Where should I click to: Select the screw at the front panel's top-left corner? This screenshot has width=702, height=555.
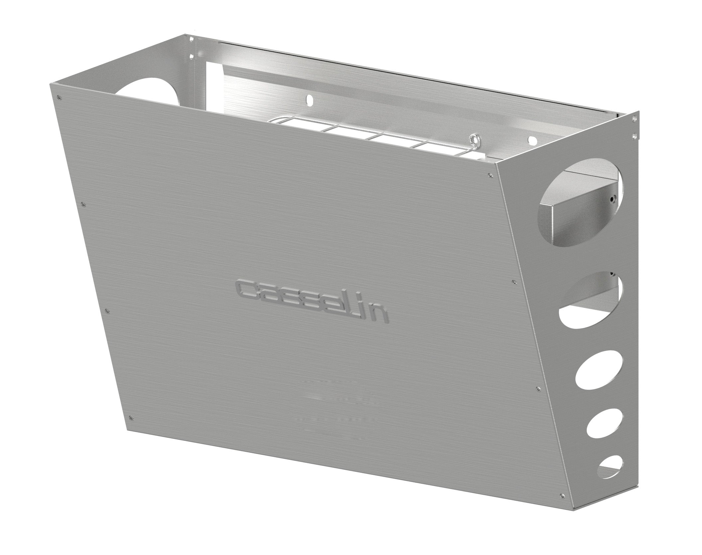coord(59,98)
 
